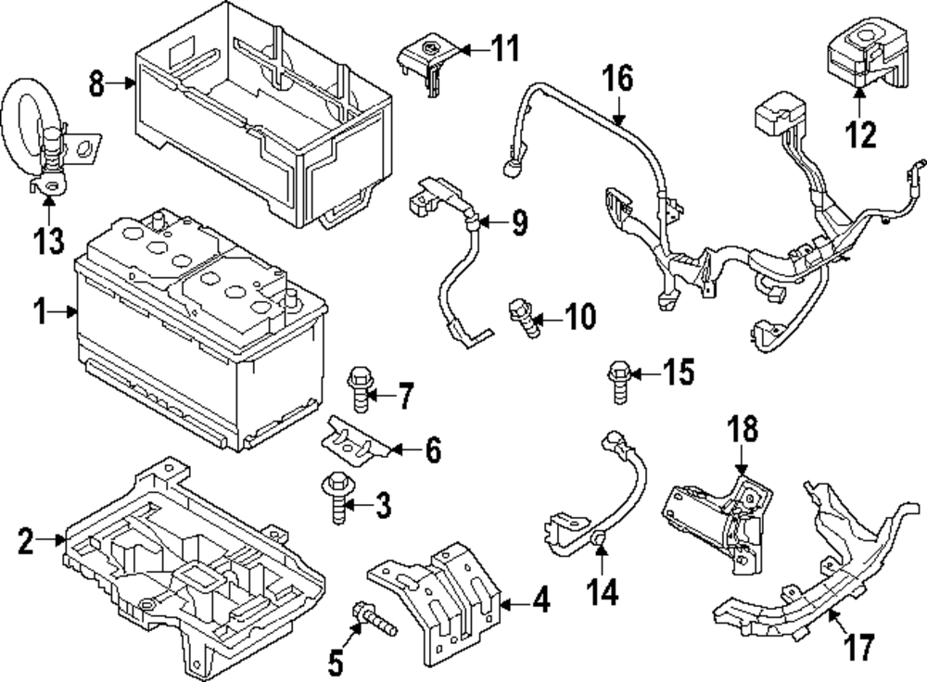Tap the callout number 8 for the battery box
(96, 84)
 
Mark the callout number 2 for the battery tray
(25, 540)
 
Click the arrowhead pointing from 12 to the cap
(859, 94)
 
